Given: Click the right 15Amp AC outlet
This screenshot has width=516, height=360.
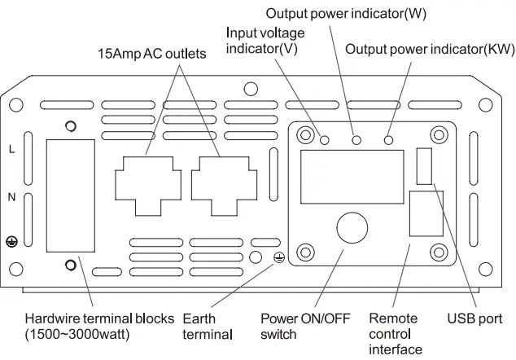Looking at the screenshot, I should (x=221, y=181).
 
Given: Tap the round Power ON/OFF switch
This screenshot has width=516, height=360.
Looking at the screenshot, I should (x=352, y=227).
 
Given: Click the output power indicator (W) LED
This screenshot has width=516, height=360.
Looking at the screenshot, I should (x=356, y=140).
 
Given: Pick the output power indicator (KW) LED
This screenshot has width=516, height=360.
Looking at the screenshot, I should (x=389, y=140).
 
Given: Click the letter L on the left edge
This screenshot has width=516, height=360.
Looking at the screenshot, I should (x=11, y=149).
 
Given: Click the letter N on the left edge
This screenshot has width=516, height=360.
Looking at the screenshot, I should (x=11, y=197).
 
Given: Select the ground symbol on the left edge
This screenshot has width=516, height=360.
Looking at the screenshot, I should (x=11, y=241).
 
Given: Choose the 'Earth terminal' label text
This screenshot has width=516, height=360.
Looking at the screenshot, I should (x=208, y=326).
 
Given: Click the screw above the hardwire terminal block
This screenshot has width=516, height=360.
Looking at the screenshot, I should (x=71, y=126).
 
